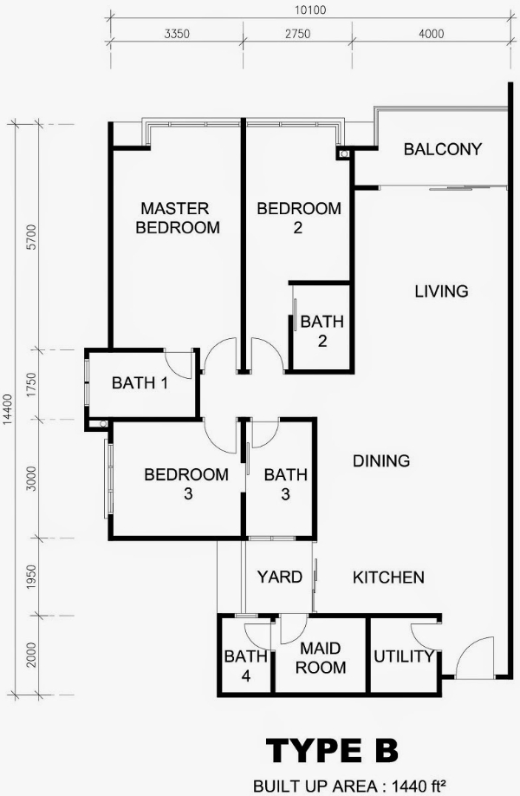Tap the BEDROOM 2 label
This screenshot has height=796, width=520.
point(299,218)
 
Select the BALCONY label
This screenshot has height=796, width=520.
point(442,149)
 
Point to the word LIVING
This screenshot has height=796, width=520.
point(441,291)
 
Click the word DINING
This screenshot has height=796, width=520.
point(381,461)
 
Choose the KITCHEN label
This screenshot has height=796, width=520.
point(388,577)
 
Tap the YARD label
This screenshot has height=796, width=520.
point(280,577)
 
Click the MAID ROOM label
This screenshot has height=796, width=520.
point(321,658)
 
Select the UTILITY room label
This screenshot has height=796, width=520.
point(404,656)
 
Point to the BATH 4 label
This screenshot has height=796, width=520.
point(246,666)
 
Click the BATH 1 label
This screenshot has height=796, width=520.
point(140,382)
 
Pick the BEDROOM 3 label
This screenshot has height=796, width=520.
point(186,484)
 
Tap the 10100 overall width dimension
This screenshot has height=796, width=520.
point(310,10)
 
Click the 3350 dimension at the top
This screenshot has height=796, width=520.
point(177,34)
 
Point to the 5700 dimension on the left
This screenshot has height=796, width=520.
point(32,237)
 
